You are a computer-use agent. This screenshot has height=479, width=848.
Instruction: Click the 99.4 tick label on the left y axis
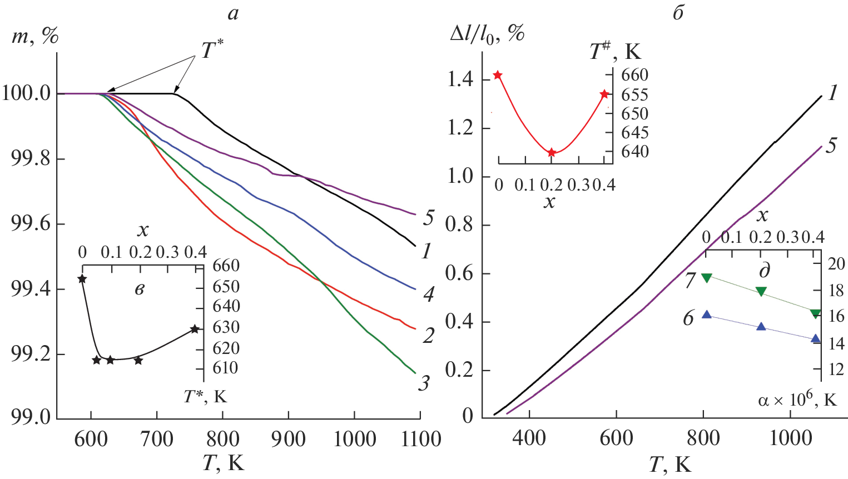(x=27, y=290)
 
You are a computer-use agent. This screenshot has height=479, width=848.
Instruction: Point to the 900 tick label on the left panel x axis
(x=288, y=440)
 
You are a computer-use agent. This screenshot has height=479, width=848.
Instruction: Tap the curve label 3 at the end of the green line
(x=424, y=383)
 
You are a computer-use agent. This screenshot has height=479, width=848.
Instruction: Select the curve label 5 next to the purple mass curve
(x=428, y=218)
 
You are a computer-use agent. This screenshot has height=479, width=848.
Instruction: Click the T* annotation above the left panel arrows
(x=212, y=50)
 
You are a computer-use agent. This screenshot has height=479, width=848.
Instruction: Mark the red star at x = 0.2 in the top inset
(x=552, y=153)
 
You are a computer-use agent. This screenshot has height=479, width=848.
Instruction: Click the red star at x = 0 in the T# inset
(x=498, y=75)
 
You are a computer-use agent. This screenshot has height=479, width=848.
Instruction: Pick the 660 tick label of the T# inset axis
(x=634, y=75)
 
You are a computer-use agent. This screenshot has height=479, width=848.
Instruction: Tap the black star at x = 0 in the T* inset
(x=82, y=279)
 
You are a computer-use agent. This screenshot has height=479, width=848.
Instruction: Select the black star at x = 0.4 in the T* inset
(x=195, y=329)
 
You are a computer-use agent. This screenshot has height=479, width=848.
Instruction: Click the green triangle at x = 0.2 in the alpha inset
(x=761, y=291)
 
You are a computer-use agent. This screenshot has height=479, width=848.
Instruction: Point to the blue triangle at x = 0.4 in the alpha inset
(x=816, y=338)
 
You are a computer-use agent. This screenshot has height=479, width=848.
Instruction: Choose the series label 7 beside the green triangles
(x=690, y=281)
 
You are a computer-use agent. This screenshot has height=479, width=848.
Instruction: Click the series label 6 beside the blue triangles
(x=688, y=318)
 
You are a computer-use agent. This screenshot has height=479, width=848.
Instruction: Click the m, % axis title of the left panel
(x=34, y=36)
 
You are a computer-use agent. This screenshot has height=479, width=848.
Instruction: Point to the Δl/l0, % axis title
(x=487, y=34)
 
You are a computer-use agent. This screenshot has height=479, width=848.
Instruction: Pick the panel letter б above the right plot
(x=678, y=13)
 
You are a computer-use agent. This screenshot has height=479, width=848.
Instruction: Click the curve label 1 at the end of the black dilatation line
(x=832, y=93)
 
